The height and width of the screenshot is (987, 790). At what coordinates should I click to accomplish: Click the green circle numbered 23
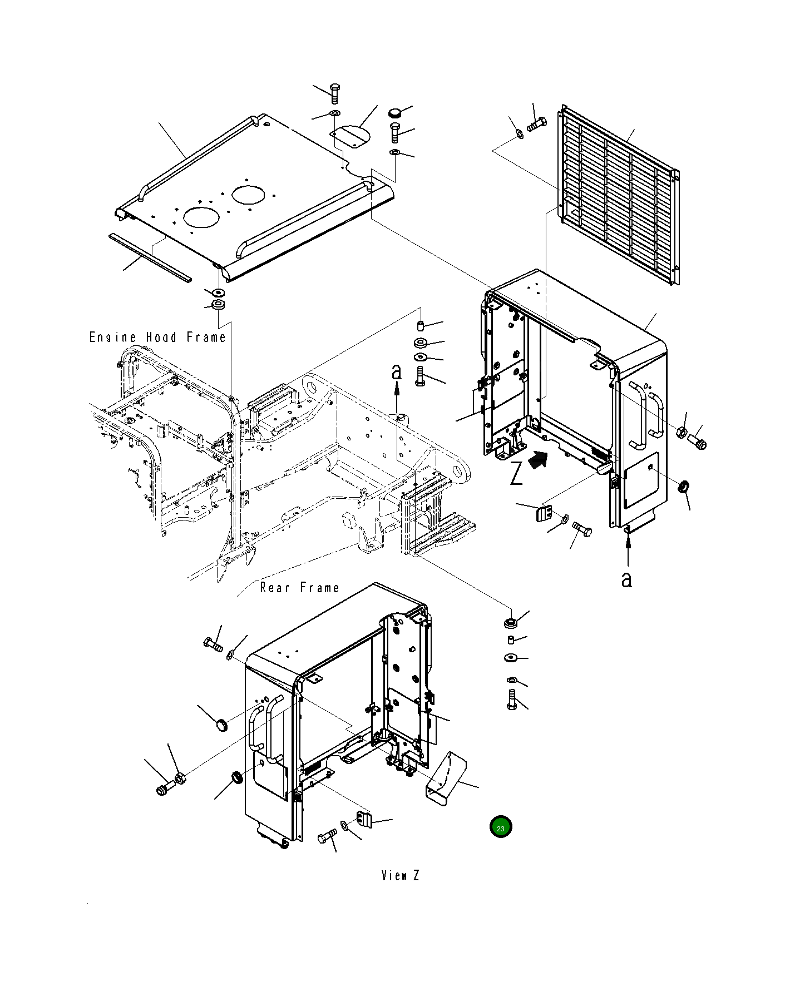(500, 827)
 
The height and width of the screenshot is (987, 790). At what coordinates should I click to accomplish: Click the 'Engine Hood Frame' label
(157, 338)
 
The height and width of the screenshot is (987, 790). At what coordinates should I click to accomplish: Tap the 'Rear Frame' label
(299, 588)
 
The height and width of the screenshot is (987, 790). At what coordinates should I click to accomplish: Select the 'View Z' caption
(400, 876)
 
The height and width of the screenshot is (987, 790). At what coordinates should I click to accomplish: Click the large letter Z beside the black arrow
(517, 473)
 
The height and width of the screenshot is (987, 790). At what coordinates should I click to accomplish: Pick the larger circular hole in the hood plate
(201, 217)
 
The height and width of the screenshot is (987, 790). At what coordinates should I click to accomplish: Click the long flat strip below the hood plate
(150, 257)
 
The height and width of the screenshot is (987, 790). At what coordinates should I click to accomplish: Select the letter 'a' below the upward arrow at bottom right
(627, 579)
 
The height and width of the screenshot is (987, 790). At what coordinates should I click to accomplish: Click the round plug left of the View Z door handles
(222, 725)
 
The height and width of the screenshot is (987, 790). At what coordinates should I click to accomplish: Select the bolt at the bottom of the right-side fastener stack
(512, 700)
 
